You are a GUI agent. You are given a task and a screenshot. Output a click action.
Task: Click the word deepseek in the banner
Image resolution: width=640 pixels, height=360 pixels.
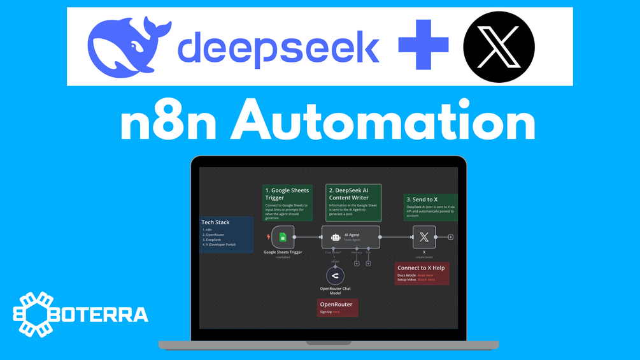pos(279,48)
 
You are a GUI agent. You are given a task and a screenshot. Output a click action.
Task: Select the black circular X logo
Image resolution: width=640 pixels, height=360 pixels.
pos(499,47)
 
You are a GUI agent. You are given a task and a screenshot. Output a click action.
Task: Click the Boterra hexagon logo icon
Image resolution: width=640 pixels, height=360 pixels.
pos(36,313)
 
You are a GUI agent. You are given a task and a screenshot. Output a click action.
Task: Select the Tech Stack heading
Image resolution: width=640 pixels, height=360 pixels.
pos(215,222)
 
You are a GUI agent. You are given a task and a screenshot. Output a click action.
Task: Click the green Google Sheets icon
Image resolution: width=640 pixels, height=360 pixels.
pos(283,238)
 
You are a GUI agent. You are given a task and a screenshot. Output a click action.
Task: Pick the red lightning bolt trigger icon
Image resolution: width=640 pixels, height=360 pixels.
pos(268,237)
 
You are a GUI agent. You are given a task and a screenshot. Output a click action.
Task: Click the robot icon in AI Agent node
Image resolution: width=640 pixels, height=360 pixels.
pos(336,238)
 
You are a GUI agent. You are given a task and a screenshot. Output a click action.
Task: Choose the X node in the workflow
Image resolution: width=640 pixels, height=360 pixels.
pos(424,237)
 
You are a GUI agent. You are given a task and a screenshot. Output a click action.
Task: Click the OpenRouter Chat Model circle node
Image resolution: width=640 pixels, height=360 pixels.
pos(335,275)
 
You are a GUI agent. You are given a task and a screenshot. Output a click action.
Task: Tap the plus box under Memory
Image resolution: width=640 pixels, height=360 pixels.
pos(357,263)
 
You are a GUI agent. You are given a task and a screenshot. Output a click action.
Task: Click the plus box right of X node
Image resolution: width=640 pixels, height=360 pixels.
pos(450,237)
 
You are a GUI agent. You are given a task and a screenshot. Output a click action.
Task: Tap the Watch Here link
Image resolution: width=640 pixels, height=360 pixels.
pos(427,280)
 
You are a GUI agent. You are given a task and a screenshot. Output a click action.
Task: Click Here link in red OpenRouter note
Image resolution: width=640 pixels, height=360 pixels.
pos(336,312)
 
